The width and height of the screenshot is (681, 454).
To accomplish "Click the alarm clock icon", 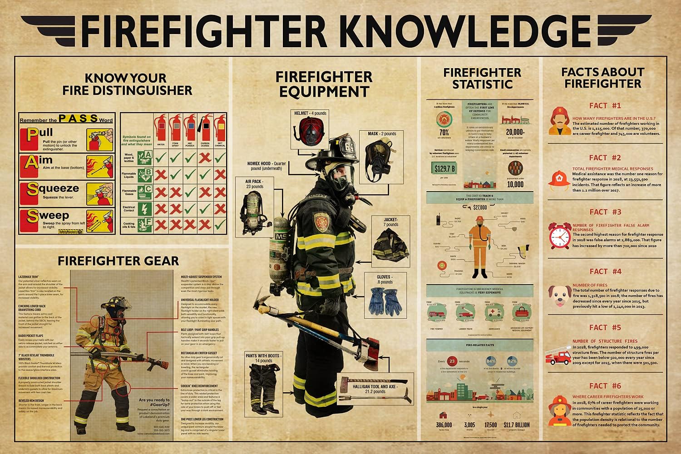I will pyautogui.click(x=559, y=236).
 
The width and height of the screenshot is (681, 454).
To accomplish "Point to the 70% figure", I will pyautogui.click(x=444, y=133).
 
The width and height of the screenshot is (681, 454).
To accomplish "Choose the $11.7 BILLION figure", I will pyautogui.click(x=516, y=425).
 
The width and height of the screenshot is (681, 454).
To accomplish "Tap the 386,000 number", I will pyautogui.click(x=444, y=425).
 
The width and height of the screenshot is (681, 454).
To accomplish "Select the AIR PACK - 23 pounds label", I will pyautogui.click(x=254, y=183).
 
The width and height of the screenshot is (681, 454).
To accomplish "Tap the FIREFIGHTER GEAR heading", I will pyautogui.click(x=118, y=261).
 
